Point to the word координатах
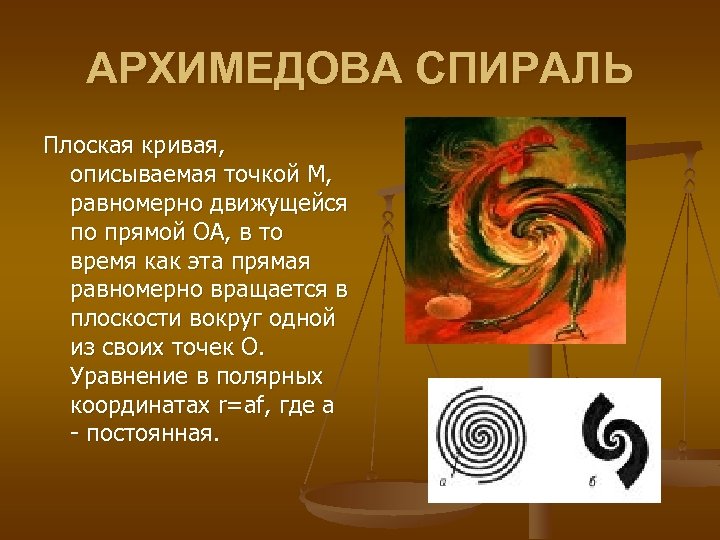pyautogui.click(x=140, y=406)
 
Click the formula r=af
pyautogui.click(x=242, y=406)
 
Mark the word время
pyautogui.click(x=104, y=262)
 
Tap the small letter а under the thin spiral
pyautogui.click(x=442, y=482)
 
